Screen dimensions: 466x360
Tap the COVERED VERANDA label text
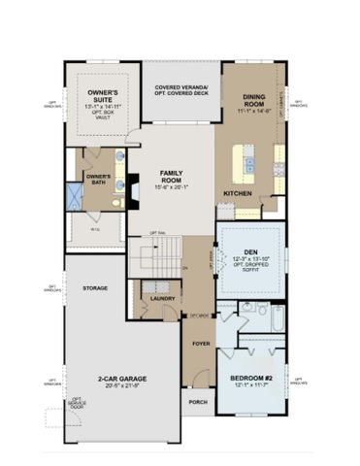coord(181,86)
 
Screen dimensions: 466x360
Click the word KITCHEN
coord(238,194)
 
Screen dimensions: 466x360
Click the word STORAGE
coord(95,288)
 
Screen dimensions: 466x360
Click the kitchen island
coord(251,163)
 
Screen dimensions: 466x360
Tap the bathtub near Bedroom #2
coord(273,321)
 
